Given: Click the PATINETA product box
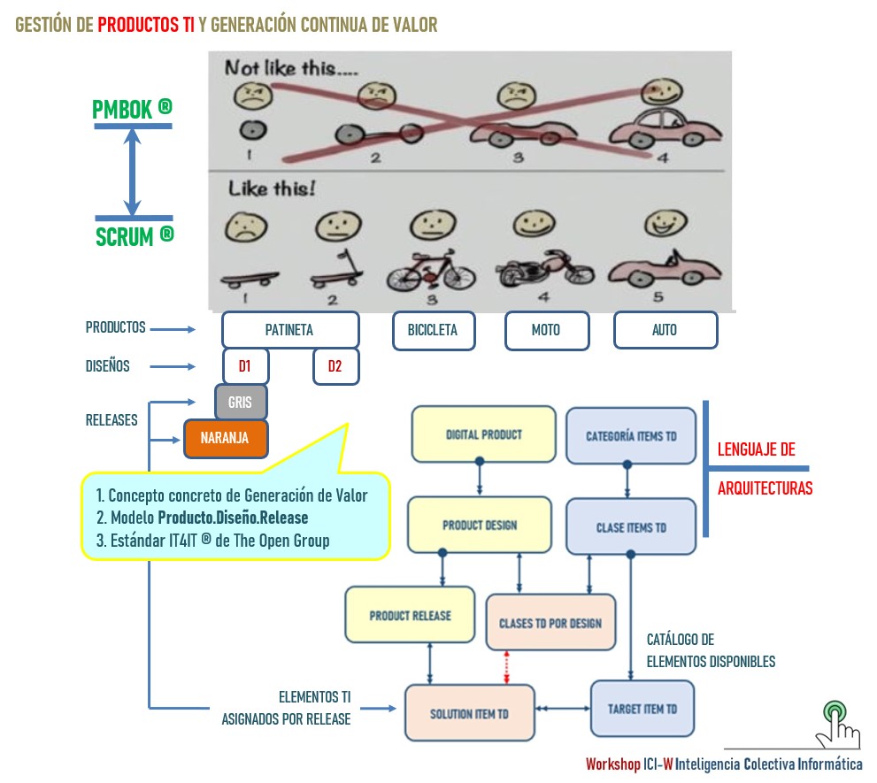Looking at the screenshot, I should pos(290,330).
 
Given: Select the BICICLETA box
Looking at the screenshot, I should pos(433,330).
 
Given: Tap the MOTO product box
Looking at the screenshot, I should pos(546,330).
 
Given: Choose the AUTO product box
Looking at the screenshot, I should pos(665,330).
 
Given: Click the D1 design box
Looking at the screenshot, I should pos(245,366).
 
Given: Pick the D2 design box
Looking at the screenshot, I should pos(335,366).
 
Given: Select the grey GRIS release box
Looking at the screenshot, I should pos(241,403).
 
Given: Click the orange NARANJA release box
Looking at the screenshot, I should pos(225,438).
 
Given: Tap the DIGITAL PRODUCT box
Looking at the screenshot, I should pos(483,434).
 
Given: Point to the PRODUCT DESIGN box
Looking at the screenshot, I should pos(479,526).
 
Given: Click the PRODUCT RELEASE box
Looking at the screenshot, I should pos(410,615).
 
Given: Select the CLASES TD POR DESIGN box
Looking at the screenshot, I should pos(550,623).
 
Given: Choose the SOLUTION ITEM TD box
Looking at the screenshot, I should pos(469,713).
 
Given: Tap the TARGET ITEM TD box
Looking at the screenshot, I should pos(642,710).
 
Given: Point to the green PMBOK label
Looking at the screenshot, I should pos(132,109).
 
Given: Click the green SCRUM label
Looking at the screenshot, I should pos(134,236).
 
